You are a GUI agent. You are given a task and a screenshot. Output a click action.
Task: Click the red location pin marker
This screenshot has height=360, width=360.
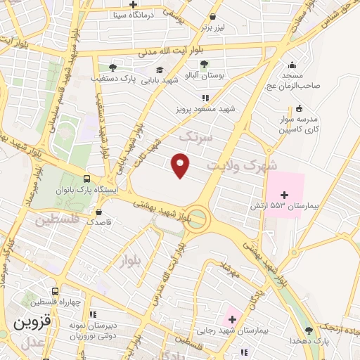181,165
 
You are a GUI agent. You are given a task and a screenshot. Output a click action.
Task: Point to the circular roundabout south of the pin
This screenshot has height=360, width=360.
198,218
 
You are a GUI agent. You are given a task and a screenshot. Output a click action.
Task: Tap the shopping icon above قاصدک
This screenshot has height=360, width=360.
98,211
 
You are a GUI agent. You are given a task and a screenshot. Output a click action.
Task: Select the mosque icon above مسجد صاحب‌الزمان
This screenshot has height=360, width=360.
298,63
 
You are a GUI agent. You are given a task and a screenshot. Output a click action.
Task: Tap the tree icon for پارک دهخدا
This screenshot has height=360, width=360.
309,330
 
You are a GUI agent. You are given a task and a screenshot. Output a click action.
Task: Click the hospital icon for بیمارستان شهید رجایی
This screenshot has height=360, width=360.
231,319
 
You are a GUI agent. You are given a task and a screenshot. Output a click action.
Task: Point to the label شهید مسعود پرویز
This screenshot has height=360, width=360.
205,109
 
